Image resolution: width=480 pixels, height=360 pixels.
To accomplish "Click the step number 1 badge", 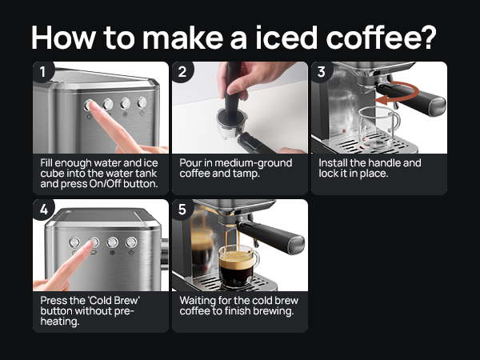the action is point(43,72).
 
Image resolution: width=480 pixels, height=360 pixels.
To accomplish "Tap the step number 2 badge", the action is point(182,72).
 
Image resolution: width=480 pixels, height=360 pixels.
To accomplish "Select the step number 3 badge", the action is point(322,72).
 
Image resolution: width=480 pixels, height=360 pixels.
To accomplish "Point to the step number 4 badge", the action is point(44,210).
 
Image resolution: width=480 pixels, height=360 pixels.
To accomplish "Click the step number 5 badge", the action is point(182,210).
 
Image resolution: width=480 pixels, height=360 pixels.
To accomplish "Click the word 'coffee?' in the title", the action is point(381,38).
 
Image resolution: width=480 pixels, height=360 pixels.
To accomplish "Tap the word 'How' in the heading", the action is point(63,38).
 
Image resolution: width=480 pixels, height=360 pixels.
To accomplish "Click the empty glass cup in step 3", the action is point(378,128).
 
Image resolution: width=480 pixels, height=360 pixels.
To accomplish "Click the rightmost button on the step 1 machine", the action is point(142,102).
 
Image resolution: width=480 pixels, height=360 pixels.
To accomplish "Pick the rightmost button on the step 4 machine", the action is point(131,242).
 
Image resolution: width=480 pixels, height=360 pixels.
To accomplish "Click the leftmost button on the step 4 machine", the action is point(74,242).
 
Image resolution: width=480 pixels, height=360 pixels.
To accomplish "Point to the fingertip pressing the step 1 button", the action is point(93,106).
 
